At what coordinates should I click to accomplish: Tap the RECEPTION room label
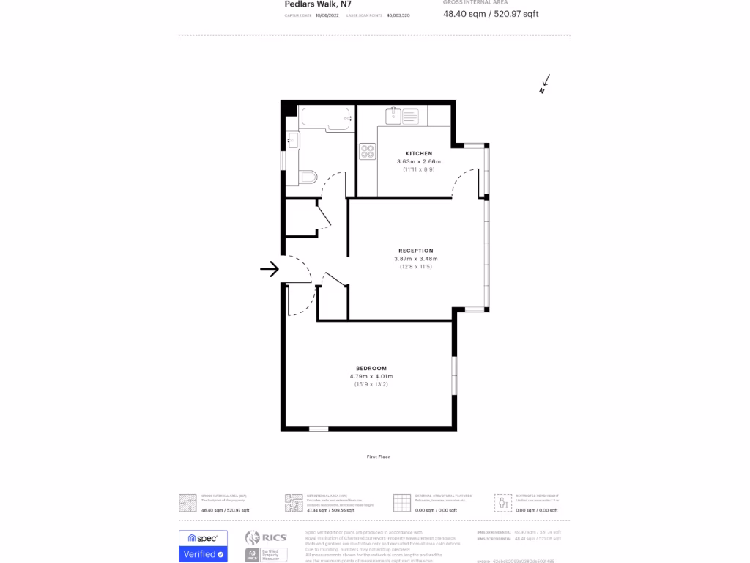[x=416, y=251]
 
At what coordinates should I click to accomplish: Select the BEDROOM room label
[x=371, y=368]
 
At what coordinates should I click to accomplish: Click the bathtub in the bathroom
[x=327, y=118]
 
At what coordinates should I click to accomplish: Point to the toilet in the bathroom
[x=308, y=177]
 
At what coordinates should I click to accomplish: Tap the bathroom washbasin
[x=293, y=140]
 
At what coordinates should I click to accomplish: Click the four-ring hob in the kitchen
[x=368, y=152]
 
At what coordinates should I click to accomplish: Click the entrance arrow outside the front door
[x=270, y=269]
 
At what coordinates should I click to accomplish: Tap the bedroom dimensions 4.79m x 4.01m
[x=371, y=376]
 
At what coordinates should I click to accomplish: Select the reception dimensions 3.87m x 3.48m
[x=416, y=259]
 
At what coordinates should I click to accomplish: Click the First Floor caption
[x=376, y=457]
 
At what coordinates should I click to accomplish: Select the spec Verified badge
[x=203, y=546]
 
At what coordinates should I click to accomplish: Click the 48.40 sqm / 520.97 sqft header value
[x=491, y=14]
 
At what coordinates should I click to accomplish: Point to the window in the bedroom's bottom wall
[x=319, y=428]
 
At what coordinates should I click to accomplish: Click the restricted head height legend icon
[x=502, y=502]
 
